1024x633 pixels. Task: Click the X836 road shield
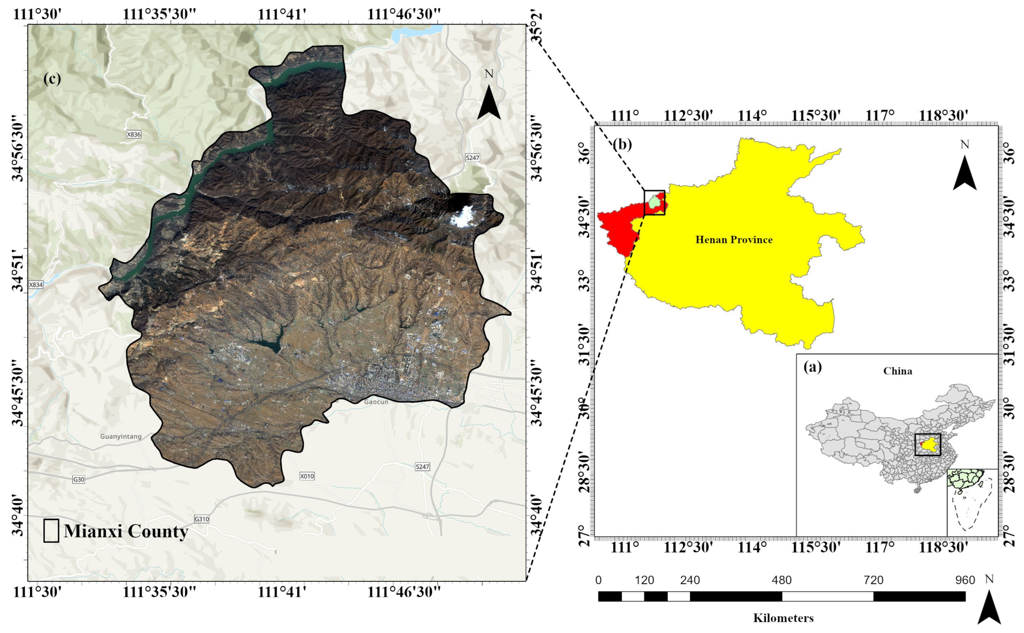(x=134, y=135)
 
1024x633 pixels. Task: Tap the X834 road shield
(x=36, y=285)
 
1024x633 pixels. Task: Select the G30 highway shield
(x=79, y=479)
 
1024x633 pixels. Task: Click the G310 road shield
(x=202, y=519)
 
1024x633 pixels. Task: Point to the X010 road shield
(x=307, y=476)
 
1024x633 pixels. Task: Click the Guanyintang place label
(x=121, y=436)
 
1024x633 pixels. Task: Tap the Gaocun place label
(x=376, y=402)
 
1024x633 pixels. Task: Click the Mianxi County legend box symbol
(x=51, y=531)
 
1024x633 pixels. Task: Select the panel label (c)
(x=52, y=79)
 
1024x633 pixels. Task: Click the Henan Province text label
(x=734, y=240)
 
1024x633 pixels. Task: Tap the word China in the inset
(x=898, y=371)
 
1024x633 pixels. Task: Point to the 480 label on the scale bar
(x=782, y=580)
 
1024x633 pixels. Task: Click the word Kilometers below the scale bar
(x=784, y=618)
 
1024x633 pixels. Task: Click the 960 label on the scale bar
(x=965, y=580)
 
